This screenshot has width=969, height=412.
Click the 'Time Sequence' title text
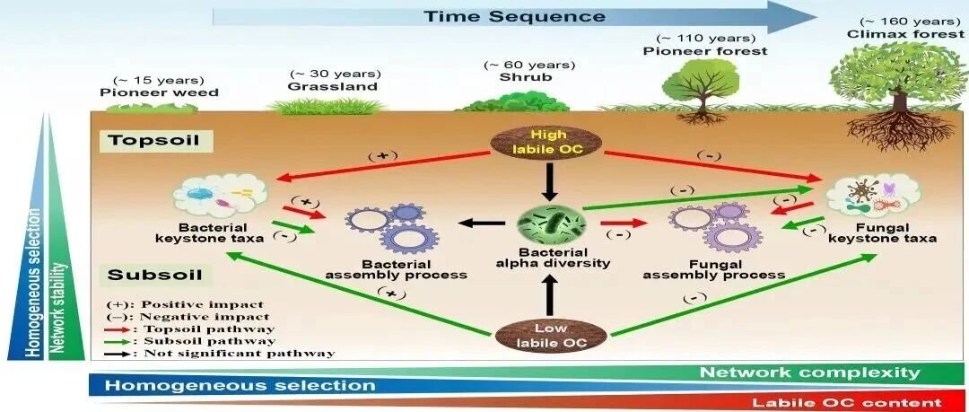point(513,16)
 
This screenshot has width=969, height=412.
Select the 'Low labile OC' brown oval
point(551,335)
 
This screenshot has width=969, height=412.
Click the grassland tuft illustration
point(327,106)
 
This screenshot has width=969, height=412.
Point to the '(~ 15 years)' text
point(159,80)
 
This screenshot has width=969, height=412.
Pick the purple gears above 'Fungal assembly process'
point(715,227)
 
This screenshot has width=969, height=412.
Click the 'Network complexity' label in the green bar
point(809,373)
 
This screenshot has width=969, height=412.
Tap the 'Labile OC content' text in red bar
point(848,403)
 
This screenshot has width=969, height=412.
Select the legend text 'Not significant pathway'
point(240,354)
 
